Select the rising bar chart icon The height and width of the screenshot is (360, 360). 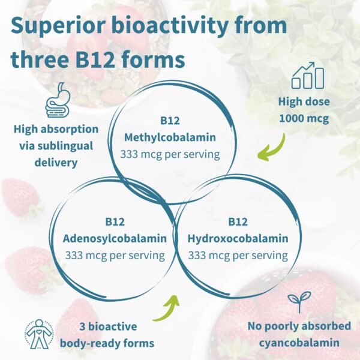pyautogui.click(x=308, y=75)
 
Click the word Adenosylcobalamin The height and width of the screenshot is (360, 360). pyautogui.click(x=115, y=238)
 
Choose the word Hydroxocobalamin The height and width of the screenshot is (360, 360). pyautogui.click(x=238, y=238)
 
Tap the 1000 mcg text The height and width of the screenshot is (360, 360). pyautogui.click(x=304, y=118)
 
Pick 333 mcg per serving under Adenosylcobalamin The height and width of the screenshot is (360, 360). pyautogui.click(x=115, y=255)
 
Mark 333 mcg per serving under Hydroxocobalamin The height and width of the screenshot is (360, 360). pyautogui.click(x=238, y=255)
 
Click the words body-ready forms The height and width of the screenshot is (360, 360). pyautogui.click(x=107, y=343)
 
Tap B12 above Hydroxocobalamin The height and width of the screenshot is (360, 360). pyautogui.click(x=238, y=221)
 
